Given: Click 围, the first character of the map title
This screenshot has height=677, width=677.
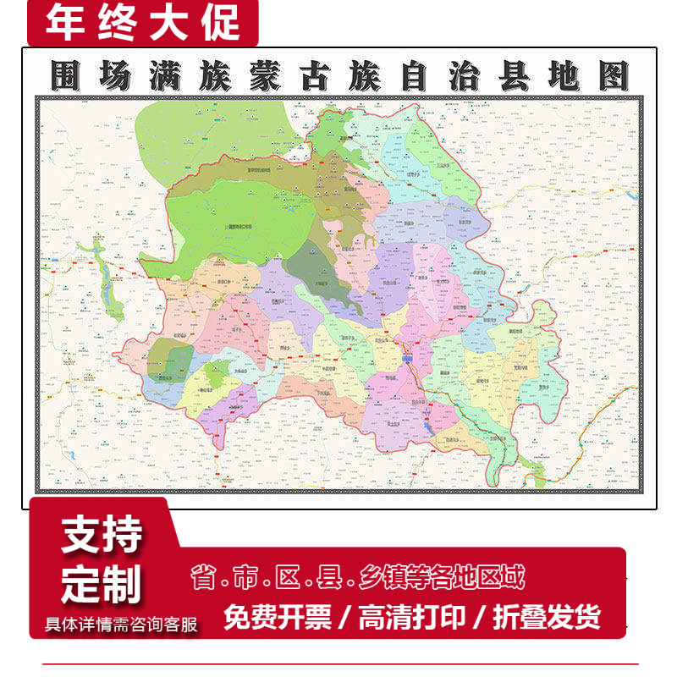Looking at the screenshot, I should click(66, 76).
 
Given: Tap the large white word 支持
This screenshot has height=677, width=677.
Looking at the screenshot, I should click(102, 536).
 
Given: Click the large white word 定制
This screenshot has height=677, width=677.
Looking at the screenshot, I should click(102, 583).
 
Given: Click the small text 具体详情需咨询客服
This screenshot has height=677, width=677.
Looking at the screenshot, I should click(120, 625).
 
